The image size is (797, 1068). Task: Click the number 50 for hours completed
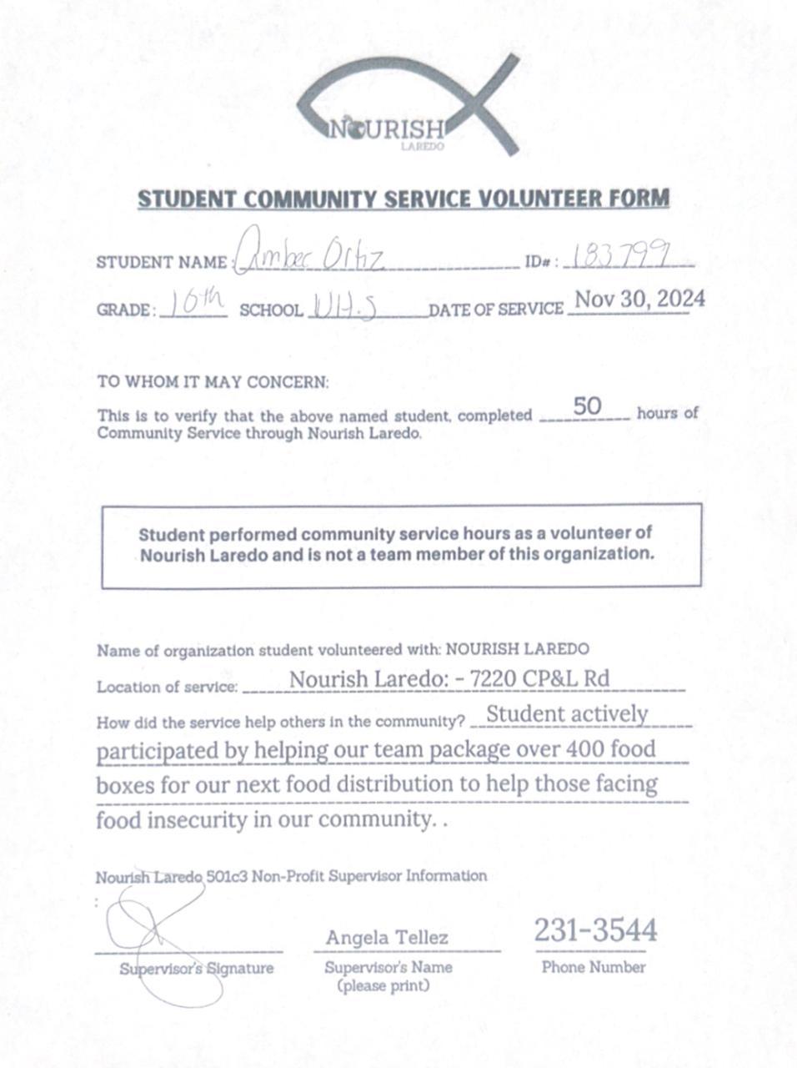pos(587,406)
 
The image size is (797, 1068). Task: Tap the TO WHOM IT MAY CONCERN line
pos(213,382)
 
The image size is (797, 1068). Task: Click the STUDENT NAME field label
pos(161,263)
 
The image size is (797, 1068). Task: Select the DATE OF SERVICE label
pos(496,310)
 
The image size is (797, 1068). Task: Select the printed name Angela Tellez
pos(387,938)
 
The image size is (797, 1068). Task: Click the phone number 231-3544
pos(595,930)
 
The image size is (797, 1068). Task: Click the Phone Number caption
pos(594,968)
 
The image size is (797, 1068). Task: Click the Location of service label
pos(167,688)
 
